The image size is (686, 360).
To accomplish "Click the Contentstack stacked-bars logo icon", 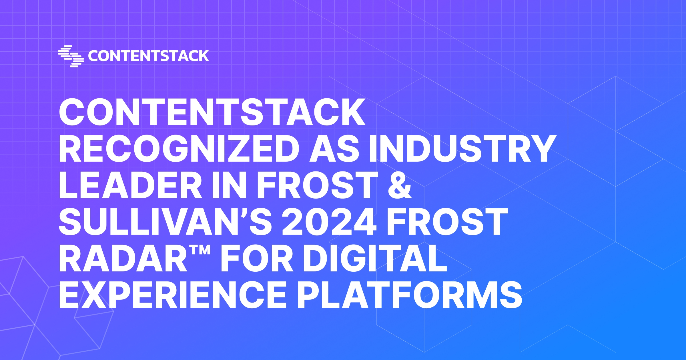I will tap(71, 56).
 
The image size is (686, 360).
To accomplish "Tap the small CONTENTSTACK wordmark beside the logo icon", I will tap(148, 56).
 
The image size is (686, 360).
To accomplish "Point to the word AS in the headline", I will tap(334, 149).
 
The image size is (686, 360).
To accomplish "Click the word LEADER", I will tap(130, 185).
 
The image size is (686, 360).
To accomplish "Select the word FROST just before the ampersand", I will tap(318, 185).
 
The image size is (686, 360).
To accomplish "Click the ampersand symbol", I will tap(400, 185).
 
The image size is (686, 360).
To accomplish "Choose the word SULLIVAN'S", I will tap(165, 222).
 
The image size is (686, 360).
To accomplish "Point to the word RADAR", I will tap(123, 259).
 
